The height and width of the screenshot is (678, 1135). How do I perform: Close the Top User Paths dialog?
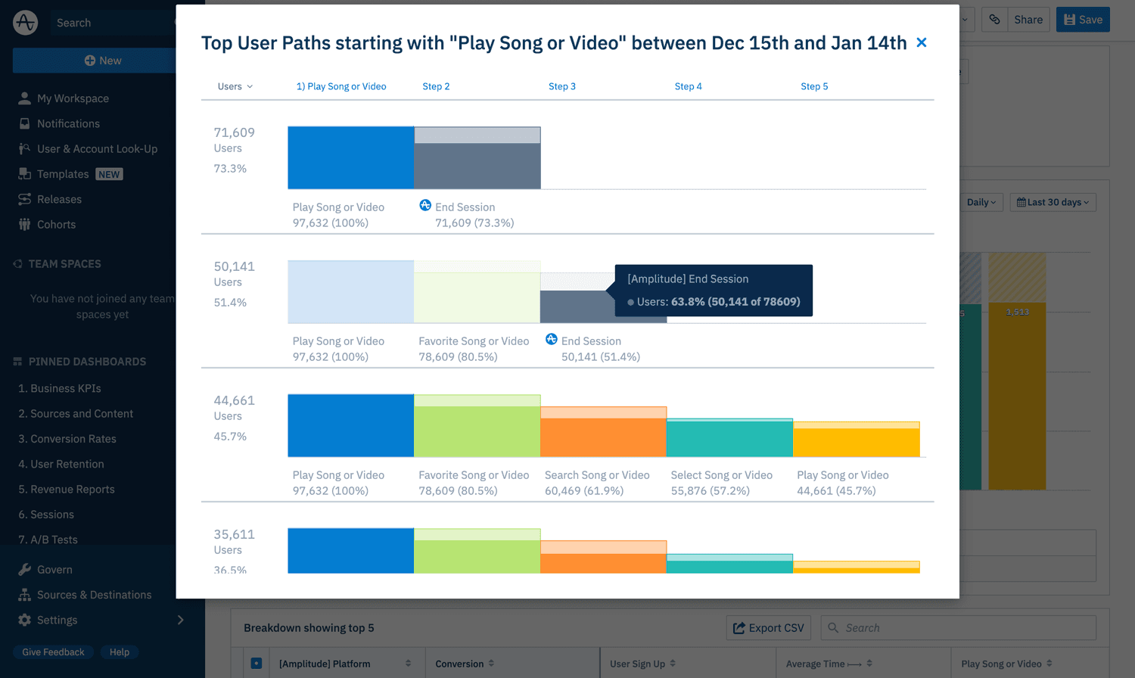pos(921,42)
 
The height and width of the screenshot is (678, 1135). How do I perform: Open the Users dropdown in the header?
pos(235,86)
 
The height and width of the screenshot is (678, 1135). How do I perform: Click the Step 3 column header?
pos(561,86)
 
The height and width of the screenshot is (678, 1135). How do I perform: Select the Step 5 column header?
pos(814,86)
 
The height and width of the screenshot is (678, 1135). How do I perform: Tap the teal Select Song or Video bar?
pos(729,439)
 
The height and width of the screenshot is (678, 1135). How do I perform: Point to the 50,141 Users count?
pos(234,266)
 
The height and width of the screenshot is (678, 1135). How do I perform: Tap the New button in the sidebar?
pos(102,61)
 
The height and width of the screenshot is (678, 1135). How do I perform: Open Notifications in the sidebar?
pos(68,123)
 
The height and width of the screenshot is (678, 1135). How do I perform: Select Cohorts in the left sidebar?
pos(56,225)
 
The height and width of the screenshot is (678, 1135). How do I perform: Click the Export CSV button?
pos(768,628)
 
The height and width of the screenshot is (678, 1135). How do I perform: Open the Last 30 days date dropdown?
pos(1053,202)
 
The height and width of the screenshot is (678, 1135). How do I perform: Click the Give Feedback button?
pos(53,652)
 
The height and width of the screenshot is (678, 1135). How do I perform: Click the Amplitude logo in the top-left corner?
pos(25,23)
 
